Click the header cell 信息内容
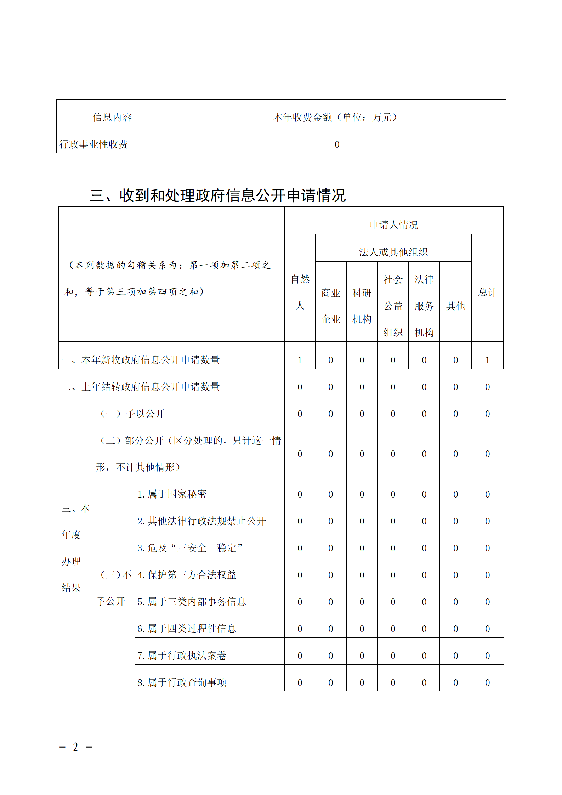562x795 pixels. point(112,117)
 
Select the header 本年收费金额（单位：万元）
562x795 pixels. point(336,117)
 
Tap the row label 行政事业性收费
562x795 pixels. point(94,144)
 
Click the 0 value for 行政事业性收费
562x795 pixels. point(337,144)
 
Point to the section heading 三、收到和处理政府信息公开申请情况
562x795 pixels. point(217,195)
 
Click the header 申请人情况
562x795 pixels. point(393,225)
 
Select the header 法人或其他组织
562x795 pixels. point(393,252)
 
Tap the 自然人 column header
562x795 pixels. point(300,292)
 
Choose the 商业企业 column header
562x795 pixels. point(331,306)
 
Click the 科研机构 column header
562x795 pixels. point(362,306)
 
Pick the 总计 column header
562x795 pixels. point(487,292)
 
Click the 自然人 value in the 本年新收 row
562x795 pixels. point(300,360)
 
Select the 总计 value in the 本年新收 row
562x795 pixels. point(487,360)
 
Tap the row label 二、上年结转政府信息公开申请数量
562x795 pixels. point(141,387)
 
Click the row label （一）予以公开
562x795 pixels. point(132,414)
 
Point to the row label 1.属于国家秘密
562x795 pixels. point(172,494)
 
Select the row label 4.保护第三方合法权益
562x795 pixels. point(187,575)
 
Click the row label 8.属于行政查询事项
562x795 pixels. point(182,682)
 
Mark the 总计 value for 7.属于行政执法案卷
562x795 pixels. point(487,656)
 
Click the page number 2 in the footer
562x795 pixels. point(75,747)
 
